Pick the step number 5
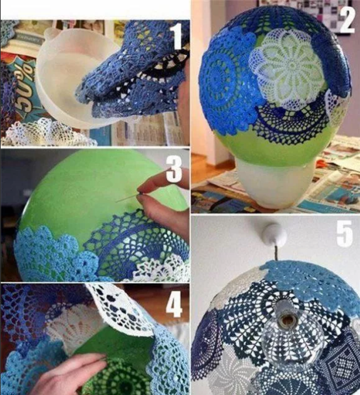click(x=345, y=233)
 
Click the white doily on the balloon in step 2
click(x=285, y=69)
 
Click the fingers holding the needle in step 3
click(x=160, y=200)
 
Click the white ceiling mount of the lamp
click(x=274, y=236)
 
